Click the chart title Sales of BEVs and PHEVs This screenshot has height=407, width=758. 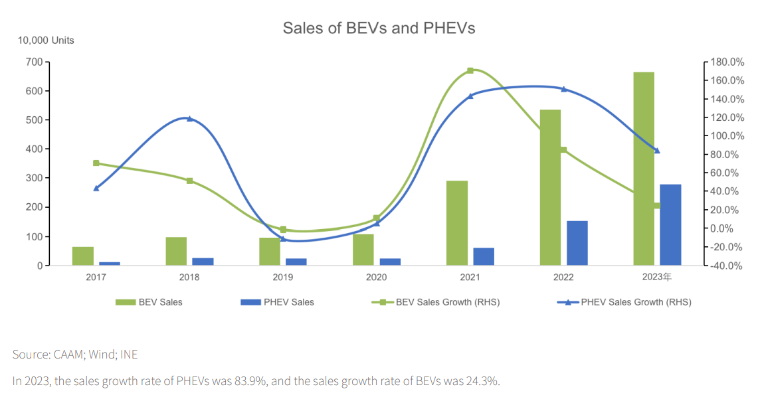pos(379,28)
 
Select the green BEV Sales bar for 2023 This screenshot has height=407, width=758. pos(644,169)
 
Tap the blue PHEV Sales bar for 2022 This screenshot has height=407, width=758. pos(577,243)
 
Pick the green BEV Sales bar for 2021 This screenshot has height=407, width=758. pos(457,223)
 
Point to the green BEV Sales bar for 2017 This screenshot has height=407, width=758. pos(83,256)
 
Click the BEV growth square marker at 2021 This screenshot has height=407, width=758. pos(470,70)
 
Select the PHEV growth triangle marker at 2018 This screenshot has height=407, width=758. pos(189,119)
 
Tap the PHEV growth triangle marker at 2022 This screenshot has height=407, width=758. pos(564,89)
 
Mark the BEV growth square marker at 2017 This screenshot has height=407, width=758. pos(96,163)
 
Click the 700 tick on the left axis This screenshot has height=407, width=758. pos(34,62)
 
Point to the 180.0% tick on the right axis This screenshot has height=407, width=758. pos(727,62)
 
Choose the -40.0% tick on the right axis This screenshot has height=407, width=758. pos(727,266)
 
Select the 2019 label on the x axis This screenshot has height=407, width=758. pos(282,278)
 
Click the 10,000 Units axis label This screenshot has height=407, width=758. pos(46,41)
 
